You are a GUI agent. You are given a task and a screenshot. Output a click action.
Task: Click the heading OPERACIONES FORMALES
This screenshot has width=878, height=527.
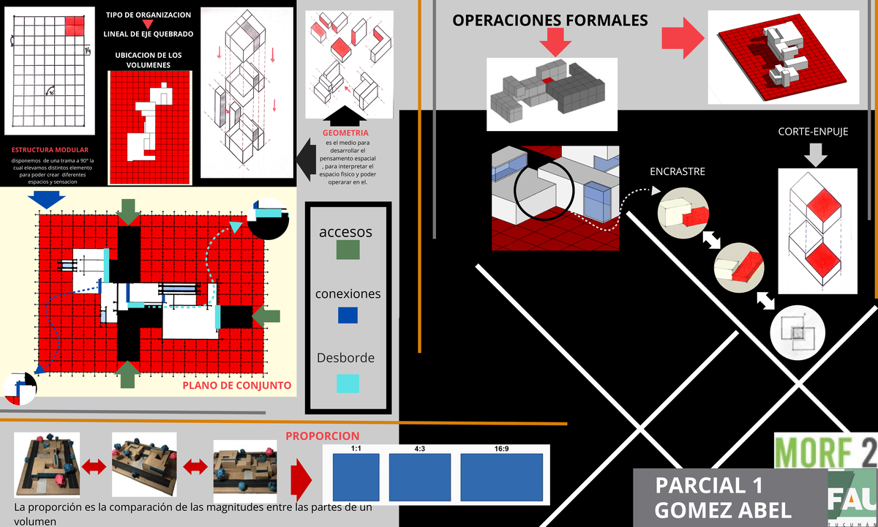pyautogui.click(x=550, y=20)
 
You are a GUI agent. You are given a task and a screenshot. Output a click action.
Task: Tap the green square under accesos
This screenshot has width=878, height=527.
pyautogui.click(x=347, y=250)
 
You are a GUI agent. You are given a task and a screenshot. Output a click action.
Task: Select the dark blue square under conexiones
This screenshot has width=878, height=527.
pyautogui.click(x=347, y=315)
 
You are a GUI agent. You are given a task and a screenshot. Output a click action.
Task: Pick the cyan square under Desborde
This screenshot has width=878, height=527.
pyautogui.click(x=347, y=383)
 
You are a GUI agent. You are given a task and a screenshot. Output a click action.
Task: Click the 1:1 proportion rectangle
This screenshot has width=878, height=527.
pyautogui.click(x=356, y=476)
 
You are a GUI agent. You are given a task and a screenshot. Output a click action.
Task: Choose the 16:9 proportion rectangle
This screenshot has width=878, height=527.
pyautogui.click(x=501, y=476)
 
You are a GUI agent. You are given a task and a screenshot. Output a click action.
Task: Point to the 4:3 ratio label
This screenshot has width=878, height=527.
pyautogui.click(x=420, y=449)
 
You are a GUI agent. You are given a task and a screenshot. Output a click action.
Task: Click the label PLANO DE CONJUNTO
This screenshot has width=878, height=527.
pyautogui.click(x=236, y=385)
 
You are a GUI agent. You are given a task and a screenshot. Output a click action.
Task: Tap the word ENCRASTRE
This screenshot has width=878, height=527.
pyautogui.click(x=678, y=172)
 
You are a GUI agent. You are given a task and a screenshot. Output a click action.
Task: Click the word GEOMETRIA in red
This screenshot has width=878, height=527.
pyautogui.click(x=345, y=133)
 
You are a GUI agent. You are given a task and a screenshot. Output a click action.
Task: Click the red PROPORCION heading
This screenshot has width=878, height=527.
pyautogui.click(x=322, y=436)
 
